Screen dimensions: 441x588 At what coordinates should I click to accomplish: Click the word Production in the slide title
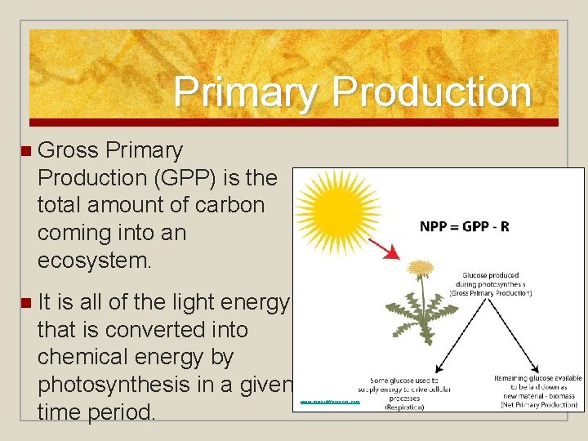(x=431, y=92)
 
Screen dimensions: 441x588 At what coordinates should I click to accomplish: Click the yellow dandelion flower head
(x=420, y=267)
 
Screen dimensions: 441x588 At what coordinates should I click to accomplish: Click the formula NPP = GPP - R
(x=464, y=226)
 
